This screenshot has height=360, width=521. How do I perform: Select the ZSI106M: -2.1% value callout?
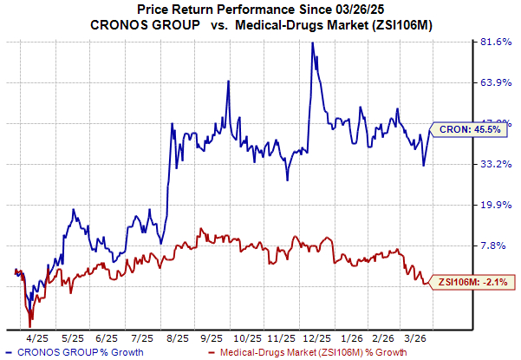click(x=471, y=281)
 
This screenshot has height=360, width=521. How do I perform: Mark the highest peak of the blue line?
click(x=312, y=43)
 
